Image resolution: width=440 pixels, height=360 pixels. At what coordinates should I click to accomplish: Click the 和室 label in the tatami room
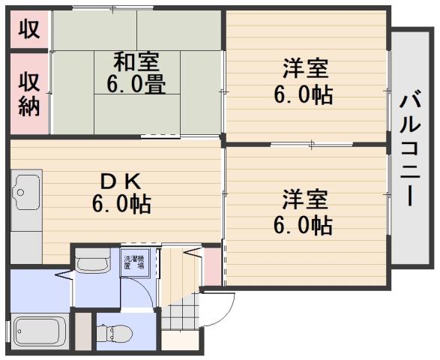[x=136, y=59]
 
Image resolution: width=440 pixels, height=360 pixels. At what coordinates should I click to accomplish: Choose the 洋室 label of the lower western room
[x=305, y=201]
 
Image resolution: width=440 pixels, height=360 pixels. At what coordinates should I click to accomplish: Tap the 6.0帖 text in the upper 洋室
[x=305, y=94]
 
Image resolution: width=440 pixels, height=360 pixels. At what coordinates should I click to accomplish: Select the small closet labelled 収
[x=28, y=29]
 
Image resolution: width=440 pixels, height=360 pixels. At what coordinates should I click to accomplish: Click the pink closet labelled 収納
[x=29, y=94]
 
